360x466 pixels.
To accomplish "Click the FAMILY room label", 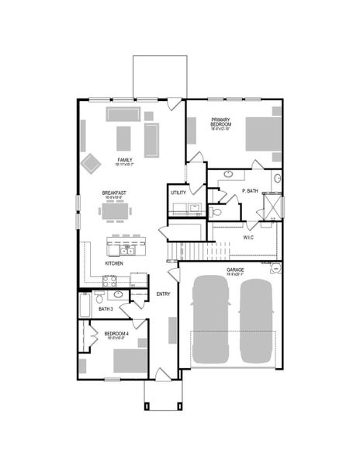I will click(x=124, y=160).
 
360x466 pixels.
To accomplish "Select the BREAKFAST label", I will click(x=115, y=193).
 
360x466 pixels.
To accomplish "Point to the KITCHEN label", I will click(x=114, y=263).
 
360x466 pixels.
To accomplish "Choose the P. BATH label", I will click(x=250, y=190).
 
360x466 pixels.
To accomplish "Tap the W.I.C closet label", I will click(x=250, y=237).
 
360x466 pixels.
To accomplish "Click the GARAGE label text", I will click(x=235, y=270).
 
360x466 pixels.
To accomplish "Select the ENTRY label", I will click(x=163, y=294).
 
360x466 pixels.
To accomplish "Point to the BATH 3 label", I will click(x=106, y=310).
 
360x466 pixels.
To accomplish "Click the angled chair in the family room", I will click(x=92, y=162).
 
